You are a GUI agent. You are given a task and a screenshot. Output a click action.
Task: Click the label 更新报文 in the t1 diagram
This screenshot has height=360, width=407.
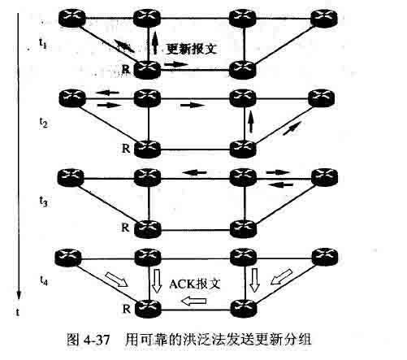point(191,50)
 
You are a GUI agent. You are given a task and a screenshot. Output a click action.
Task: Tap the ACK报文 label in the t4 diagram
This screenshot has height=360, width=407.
point(195,284)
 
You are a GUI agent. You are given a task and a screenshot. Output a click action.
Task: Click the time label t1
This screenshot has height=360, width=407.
point(42,43)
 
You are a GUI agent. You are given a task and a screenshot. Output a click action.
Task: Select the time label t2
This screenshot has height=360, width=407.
point(43,123)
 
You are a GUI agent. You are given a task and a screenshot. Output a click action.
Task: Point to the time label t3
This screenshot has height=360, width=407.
point(43,202)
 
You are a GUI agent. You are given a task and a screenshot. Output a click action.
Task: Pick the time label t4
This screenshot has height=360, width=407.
point(44,280)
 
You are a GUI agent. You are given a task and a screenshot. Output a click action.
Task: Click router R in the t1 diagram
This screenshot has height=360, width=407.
point(148,70)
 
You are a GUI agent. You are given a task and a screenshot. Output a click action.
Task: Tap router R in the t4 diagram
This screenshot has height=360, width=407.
point(148,309)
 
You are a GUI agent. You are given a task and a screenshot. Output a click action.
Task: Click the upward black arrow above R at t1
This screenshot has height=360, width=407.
point(154,43)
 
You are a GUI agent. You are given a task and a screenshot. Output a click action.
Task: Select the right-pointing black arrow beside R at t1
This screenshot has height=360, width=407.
point(176,64)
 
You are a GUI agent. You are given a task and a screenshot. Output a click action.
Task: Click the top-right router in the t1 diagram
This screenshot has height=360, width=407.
point(324,18)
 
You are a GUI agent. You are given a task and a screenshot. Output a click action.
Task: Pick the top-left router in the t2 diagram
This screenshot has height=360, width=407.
point(72,98)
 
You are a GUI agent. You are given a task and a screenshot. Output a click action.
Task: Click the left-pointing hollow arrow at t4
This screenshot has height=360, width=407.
point(194,301)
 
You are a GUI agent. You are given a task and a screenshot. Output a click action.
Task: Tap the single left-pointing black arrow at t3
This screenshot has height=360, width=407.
point(194,172)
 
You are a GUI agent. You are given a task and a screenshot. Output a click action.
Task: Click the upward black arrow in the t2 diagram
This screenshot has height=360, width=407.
point(251,122)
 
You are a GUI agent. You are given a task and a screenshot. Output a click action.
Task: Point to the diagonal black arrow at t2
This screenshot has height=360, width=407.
point(292,128)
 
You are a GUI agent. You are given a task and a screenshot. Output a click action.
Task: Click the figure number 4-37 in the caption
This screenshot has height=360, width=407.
point(97,340)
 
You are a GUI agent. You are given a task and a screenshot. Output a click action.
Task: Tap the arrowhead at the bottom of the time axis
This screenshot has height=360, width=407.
point(19,295)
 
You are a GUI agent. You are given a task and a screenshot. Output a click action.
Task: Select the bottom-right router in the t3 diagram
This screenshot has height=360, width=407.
point(243,228)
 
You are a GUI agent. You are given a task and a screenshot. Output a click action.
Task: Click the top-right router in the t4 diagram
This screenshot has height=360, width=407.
point(325,257)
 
